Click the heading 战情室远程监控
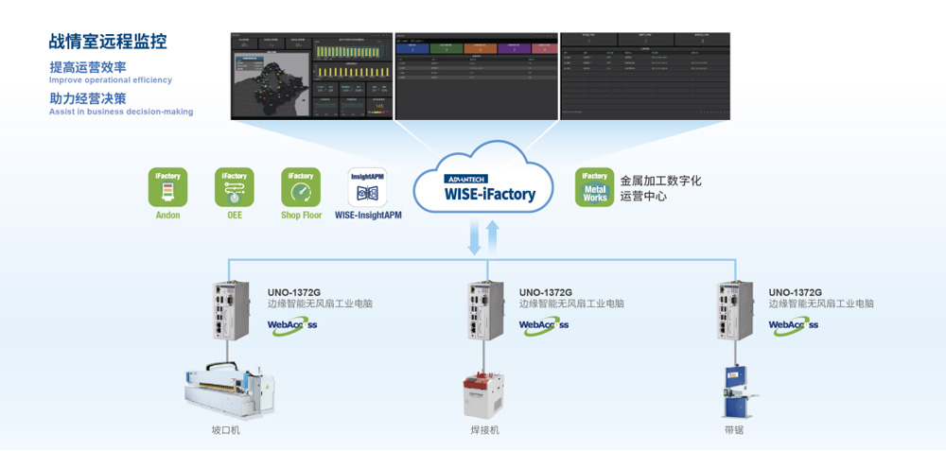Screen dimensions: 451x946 (107, 42)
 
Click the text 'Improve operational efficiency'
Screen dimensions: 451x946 (111, 80)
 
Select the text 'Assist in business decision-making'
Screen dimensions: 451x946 (121, 112)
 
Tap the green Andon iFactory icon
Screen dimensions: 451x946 (167, 187)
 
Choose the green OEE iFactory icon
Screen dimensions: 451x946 (234, 187)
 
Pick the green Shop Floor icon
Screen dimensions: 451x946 (300, 187)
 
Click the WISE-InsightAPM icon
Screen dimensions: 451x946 (367, 187)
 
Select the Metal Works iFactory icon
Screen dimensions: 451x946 (594, 187)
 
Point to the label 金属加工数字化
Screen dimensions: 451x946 (660, 180)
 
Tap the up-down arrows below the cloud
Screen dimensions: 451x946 (482, 237)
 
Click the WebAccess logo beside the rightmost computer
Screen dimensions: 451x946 (794, 324)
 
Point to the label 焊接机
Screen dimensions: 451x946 (484, 430)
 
